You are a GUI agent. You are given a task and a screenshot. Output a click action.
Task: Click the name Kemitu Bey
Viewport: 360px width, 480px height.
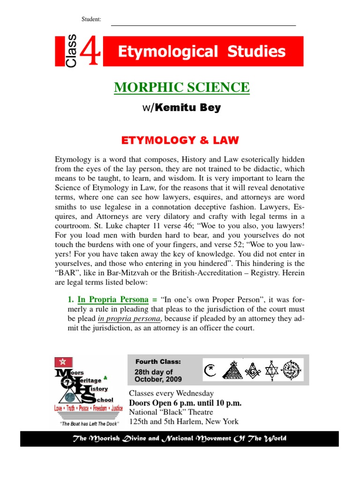pyautogui.click(x=187, y=108)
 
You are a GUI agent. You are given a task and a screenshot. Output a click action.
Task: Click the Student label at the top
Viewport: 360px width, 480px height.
pyautogui.click(x=91, y=19)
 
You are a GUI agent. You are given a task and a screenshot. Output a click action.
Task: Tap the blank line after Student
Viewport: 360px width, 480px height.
pyautogui.click(x=202, y=24)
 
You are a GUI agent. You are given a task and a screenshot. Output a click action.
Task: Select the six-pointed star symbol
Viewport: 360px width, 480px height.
pyautogui.click(x=272, y=370)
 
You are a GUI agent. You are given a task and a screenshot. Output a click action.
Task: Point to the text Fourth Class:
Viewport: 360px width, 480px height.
pyautogui.click(x=151, y=361)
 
